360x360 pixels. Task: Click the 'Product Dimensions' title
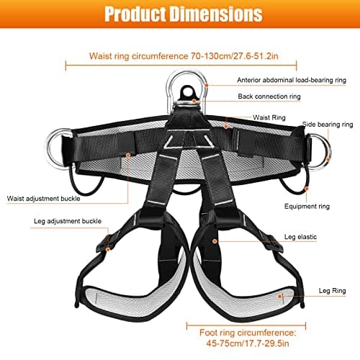click(184, 14)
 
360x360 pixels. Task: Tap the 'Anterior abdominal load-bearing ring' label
click(292, 80)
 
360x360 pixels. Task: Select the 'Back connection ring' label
click(269, 96)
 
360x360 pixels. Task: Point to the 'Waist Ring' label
click(269, 117)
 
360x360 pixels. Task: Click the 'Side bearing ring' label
click(328, 125)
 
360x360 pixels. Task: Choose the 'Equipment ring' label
click(307, 207)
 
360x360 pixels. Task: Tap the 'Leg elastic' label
click(300, 237)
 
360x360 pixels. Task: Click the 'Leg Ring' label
click(332, 291)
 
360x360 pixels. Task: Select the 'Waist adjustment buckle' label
click(43, 199)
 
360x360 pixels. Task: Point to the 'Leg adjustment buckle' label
click(68, 221)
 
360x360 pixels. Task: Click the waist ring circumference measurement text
click(184, 56)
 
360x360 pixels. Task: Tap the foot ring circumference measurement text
click(248, 338)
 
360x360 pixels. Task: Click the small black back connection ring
click(186, 92)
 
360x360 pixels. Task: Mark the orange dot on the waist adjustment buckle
click(128, 156)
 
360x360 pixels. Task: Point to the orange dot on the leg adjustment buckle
click(108, 250)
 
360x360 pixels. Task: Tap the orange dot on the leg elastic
click(215, 241)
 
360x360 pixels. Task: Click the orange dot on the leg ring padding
click(280, 297)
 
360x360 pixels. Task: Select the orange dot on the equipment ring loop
click(307, 189)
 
